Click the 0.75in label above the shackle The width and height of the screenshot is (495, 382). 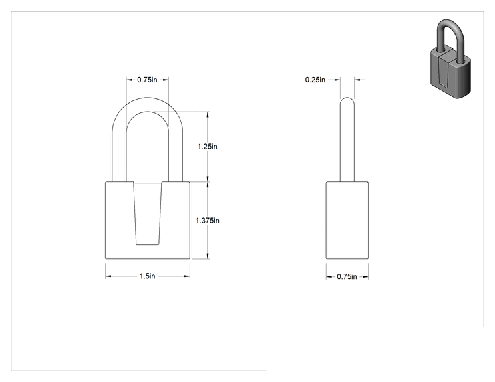[147, 80]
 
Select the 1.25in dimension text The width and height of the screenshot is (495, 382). [208, 147]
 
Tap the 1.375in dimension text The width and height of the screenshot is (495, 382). [208, 221]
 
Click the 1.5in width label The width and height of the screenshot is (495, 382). [148, 276]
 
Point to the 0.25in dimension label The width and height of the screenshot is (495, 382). [315, 80]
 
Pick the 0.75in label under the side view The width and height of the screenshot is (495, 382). [347, 277]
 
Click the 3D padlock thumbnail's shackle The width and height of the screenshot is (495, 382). [450, 35]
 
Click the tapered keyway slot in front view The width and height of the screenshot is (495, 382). [148, 213]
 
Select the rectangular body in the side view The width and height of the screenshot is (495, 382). [347, 221]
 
